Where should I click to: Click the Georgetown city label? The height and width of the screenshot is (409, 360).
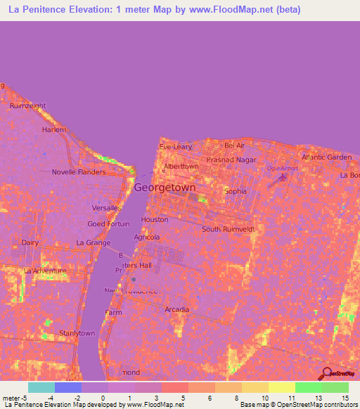click(165, 188)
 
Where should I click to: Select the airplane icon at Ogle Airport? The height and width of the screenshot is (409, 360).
click(283, 177)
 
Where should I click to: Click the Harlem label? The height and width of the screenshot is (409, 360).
click(53, 130)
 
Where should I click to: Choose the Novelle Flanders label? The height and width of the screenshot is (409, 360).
click(79, 172)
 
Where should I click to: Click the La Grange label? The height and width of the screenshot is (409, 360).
click(94, 243)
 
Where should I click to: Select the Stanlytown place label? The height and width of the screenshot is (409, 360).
click(77, 332)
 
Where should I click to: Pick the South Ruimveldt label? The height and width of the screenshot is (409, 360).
click(228, 229)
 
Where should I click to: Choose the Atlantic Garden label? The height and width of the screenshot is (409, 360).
click(326, 157)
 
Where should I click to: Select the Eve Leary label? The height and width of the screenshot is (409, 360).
click(175, 147)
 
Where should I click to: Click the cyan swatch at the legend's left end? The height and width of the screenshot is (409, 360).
click(41, 387)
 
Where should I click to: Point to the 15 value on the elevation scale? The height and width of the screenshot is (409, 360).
click(345, 398)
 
